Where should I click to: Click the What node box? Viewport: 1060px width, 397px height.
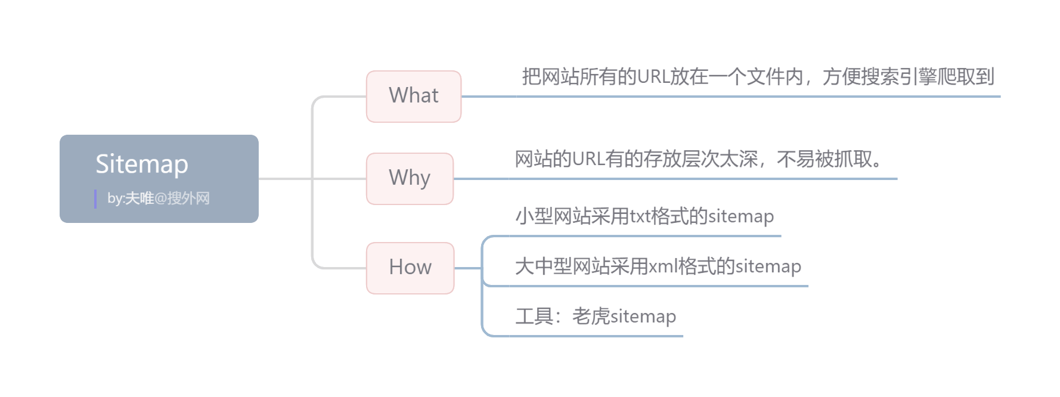coord(413,96)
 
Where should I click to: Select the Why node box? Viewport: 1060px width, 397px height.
coord(410,178)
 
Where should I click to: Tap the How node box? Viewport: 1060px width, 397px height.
coord(410,268)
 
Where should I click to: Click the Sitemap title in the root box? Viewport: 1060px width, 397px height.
coord(142,164)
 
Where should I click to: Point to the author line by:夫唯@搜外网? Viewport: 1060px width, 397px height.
coord(159,199)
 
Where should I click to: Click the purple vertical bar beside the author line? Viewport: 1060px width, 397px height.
coord(95,199)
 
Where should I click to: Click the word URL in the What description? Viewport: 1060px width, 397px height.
coord(653,77)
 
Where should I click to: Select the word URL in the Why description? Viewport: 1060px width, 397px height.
coord(588,159)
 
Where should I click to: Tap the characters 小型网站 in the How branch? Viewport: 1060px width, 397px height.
coord(553,216)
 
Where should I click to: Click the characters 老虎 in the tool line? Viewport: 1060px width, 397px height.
coord(591,317)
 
